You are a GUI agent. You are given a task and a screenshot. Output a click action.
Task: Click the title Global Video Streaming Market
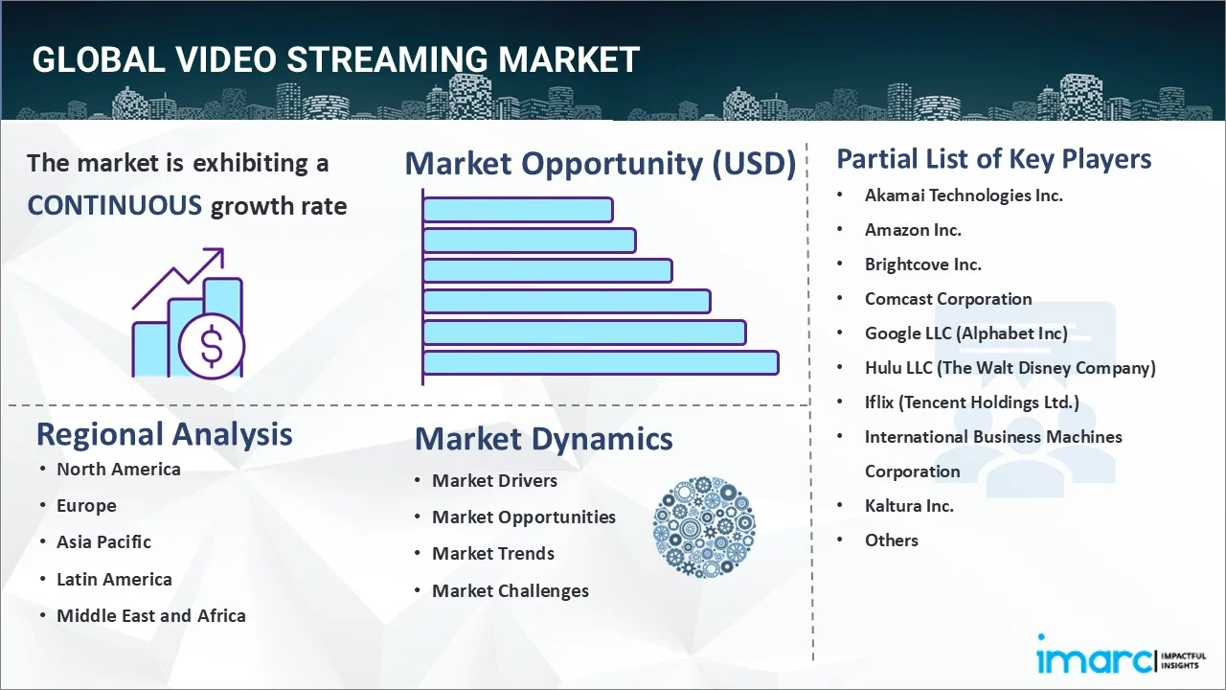pyautogui.click(x=335, y=59)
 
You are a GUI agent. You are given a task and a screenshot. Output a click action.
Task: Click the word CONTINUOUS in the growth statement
pyautogui.click(x=114, y=205)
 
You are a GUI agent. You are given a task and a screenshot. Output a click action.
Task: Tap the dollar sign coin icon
pyautogui.click(x=212, y=347)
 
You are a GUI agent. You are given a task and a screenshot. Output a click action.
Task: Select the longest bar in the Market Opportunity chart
pyautogui.click(x=601, y=363)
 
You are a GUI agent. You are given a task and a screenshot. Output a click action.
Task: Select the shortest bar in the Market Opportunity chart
pyautogui.click(x=517, y=210)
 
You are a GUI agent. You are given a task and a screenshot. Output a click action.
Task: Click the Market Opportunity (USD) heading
pyautogui.click(x=601, y=164)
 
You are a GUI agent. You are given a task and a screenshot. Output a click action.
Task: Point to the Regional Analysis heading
pyautogui.click(x=164, y=434)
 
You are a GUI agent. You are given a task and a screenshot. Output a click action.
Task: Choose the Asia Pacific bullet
pyautogui.click(x=103, y=542)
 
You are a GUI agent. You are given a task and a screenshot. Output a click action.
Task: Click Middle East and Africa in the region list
pyautogui.click(x=150, y=616)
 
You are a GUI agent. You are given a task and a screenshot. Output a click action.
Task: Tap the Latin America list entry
pyautogui.click(x=114, y=580)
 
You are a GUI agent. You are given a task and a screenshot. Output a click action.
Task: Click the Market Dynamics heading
pyautogui.click(x=543, y=439)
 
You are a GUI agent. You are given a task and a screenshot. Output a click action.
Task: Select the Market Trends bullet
pyautogui.click(x=492, y=554)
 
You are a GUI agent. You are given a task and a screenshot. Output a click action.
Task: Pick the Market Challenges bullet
pyautogui.click(x=510, y=591)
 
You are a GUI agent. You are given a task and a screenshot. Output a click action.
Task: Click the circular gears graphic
pyautogui.click(x=704, y=527)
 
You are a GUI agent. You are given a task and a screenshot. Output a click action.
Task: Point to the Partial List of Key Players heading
pyautogui.click(x=994, y=159)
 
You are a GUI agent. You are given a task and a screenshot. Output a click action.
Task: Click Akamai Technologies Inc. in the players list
pyautogui.click(x=964, y=195)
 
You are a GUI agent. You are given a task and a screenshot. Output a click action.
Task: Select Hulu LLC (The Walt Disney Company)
pyautogui.click(x=1010, y=368)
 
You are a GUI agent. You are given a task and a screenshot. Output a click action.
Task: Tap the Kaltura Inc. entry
pyautogui.click(x=909, y=506)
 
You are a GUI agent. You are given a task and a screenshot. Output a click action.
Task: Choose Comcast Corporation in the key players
pyautogui.click(x=948, y=299)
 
